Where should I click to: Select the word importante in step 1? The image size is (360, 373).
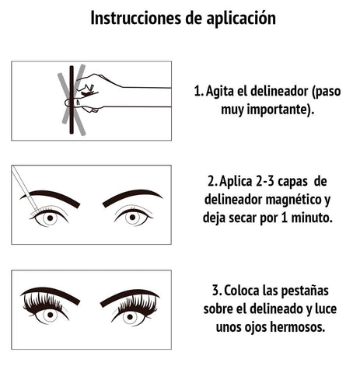pyautogui.click(x=276, y=110)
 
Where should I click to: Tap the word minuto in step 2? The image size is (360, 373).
pyautogui.click(x=312, y=218)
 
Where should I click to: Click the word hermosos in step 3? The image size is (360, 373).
pyautogui.click(x=298, y=327)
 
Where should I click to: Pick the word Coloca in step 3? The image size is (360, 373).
pyautogui.click(x=242, y=291)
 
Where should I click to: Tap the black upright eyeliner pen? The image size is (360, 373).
pyautogui.click(x=72, y=99)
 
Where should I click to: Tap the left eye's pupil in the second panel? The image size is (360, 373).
pyautogui.click(x=51, y=218)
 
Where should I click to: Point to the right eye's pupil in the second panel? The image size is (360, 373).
pyautogui.click(x=132, y=217)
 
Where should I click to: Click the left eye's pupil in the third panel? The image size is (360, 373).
pyautogui.click(x=51, y=315)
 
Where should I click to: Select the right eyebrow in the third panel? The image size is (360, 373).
pyautogui.click(x=130, y=298)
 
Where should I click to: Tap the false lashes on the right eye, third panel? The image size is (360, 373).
pyautogui.click(x=137, y=305)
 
